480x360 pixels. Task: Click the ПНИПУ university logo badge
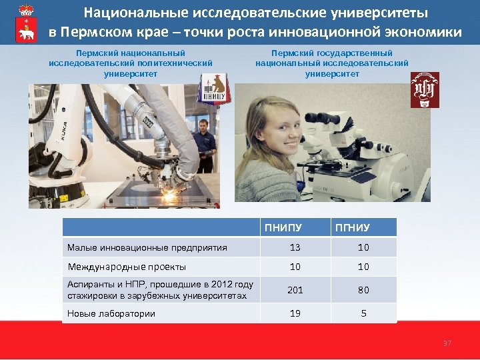(x=215, y=88)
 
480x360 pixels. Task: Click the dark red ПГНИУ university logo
(x=425, y=90)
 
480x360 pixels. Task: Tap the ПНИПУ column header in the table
(x=283, y=228)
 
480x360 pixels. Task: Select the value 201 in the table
(x=295, y=290)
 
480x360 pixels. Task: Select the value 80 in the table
(x=363, y=290)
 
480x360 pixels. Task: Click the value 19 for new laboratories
(x=295, y=313)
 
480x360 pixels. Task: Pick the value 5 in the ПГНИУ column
(x=363, y=313)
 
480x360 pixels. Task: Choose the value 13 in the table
(x=295, y=247)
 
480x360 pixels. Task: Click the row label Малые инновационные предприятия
(x=147, y=248)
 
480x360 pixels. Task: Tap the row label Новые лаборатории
(x=111, y=313)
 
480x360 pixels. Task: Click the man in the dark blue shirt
(x=205, y=143)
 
